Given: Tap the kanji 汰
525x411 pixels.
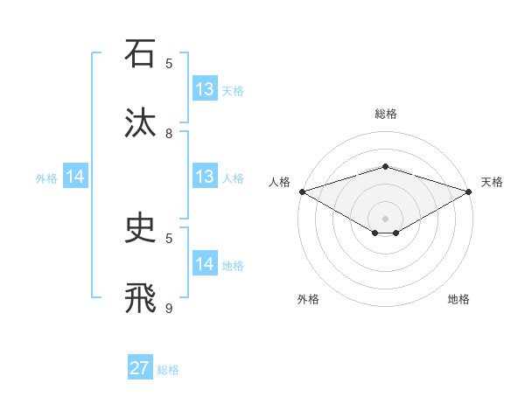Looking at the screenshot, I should click(x=139, y=122).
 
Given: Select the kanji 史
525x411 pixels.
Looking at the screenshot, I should click(x=139, y=228).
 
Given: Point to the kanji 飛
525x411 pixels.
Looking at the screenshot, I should click(x=139, y=297).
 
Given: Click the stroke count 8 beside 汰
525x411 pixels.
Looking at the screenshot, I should click(x=169, y=133).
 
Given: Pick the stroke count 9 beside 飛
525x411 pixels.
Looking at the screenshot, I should click(x=169, y=307).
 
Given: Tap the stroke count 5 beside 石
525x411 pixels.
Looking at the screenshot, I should click(x=169, y=63).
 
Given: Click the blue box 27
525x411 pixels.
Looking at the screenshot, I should click(x=140, y=368).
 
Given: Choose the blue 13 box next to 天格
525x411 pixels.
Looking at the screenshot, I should click(x=205, y=89).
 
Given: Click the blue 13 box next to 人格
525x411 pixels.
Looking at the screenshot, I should click(x=205, y=177).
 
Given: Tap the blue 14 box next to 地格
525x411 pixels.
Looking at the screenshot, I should click(x=205, y=263).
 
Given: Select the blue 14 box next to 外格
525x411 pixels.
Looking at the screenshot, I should click(x=75, y=177).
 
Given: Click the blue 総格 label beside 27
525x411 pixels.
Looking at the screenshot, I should click(x=169, y=370).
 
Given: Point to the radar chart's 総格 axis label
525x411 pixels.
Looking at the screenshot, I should click(x=385, y=114).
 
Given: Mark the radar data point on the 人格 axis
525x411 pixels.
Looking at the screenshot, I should click(x=302, y=192).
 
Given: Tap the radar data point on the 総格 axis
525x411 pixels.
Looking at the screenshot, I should click(x=385, y=166).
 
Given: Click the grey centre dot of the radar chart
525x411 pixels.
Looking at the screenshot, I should click(x=385, y=217).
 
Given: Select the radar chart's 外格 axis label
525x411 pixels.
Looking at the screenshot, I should click(x=308, y=299).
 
